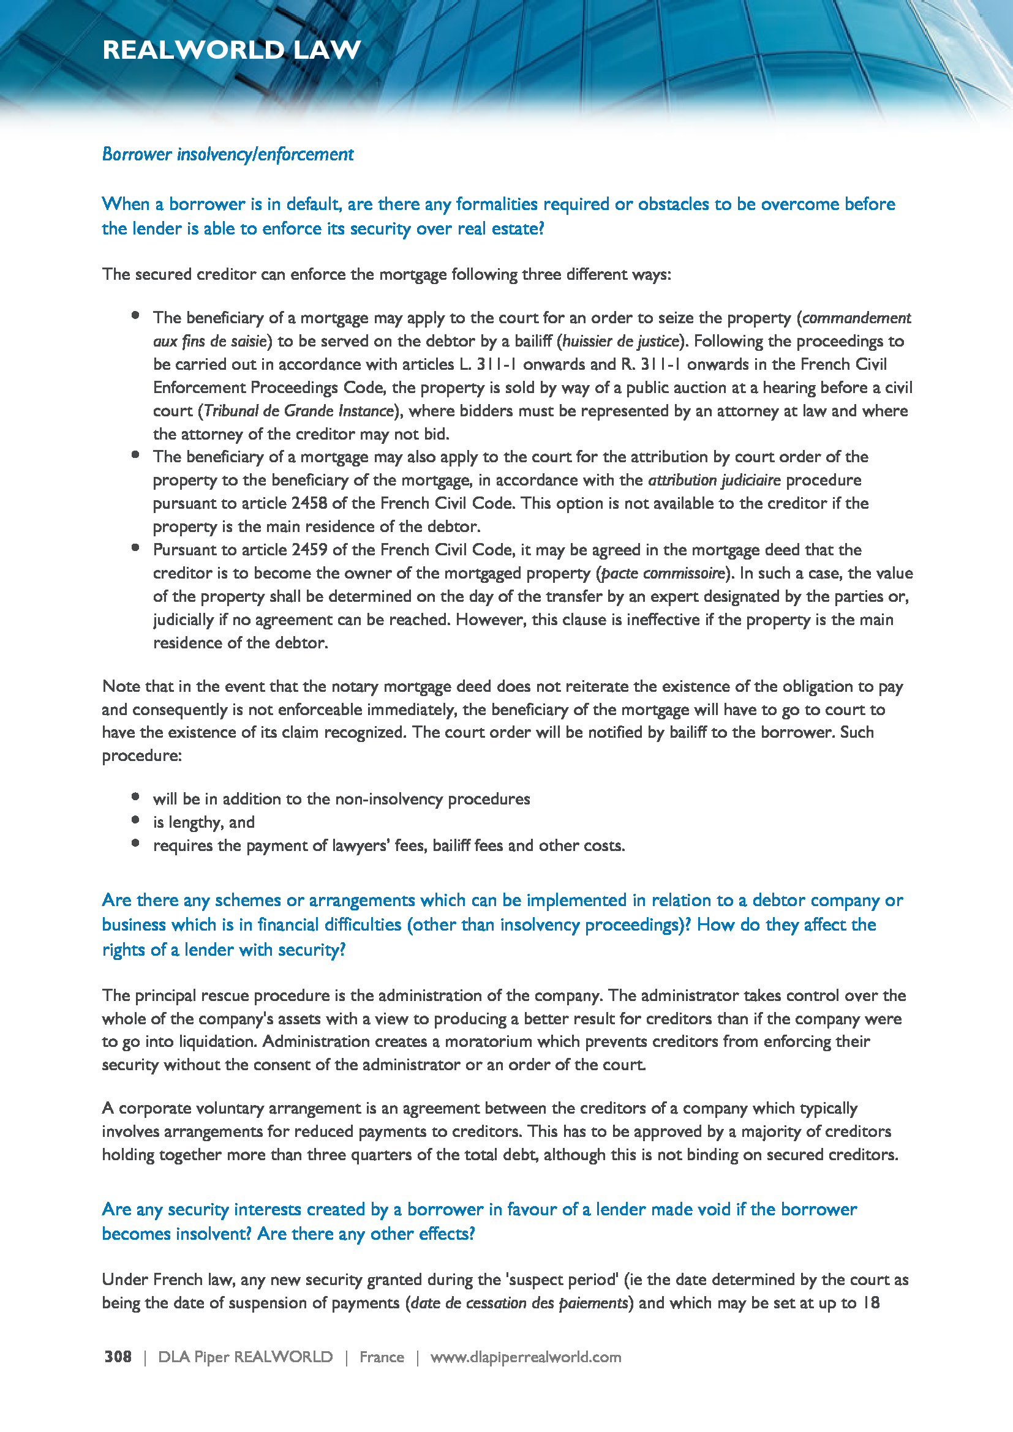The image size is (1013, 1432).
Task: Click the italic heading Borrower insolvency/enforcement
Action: coord(228,154)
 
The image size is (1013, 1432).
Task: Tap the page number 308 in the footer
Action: coord(118,1357)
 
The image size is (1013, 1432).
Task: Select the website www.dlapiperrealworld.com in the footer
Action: coord(525,1357)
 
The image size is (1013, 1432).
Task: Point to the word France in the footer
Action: coord(381,1357)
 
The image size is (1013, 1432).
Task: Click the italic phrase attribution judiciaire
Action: coord(714,480)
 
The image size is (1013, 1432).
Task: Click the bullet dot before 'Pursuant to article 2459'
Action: coord(135,547)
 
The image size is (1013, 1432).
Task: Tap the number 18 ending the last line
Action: coord(870,1303)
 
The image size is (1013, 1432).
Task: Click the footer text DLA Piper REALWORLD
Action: coord(245,1357)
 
